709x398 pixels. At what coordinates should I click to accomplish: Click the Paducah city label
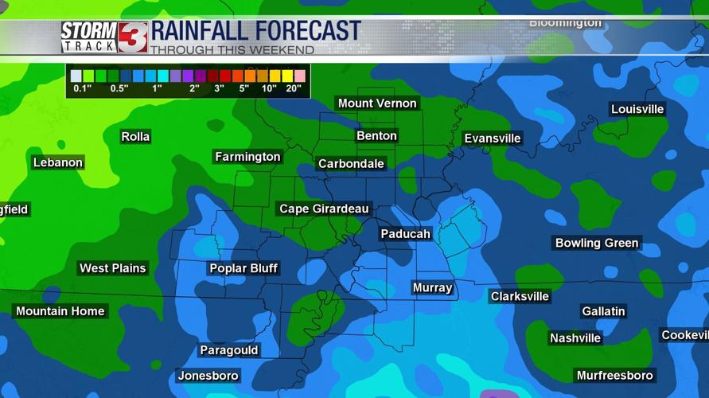[405, 234]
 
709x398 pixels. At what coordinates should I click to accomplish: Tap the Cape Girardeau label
[324, 209]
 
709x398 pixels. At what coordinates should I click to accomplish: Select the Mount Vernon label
[377, 103]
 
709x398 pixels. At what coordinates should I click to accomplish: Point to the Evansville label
[493, 139]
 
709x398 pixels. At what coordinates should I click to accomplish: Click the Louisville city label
[637, 110]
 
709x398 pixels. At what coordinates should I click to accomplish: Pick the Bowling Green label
[597, 244]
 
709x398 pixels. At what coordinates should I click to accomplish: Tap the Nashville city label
[575, 338]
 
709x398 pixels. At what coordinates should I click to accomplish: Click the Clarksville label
[520, 297]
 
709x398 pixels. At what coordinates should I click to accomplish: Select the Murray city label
[432, 288]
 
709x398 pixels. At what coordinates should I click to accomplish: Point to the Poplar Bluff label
[243, 268]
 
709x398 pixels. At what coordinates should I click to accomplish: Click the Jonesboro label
[208, 376]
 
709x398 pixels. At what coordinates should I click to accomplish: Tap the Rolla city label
[135, 137]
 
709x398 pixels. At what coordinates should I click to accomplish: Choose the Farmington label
[247, 157]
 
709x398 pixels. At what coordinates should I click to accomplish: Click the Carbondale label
[351, 164]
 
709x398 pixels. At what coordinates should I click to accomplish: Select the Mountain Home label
[60, 311]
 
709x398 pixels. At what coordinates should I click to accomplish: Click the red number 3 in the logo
[132, 37]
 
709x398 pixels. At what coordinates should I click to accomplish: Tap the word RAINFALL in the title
[201, 31]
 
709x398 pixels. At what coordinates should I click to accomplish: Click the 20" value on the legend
[293, 88]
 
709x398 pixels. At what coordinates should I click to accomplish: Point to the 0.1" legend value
[82, 88]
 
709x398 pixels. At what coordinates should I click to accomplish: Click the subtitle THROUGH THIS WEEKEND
[232, 50]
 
